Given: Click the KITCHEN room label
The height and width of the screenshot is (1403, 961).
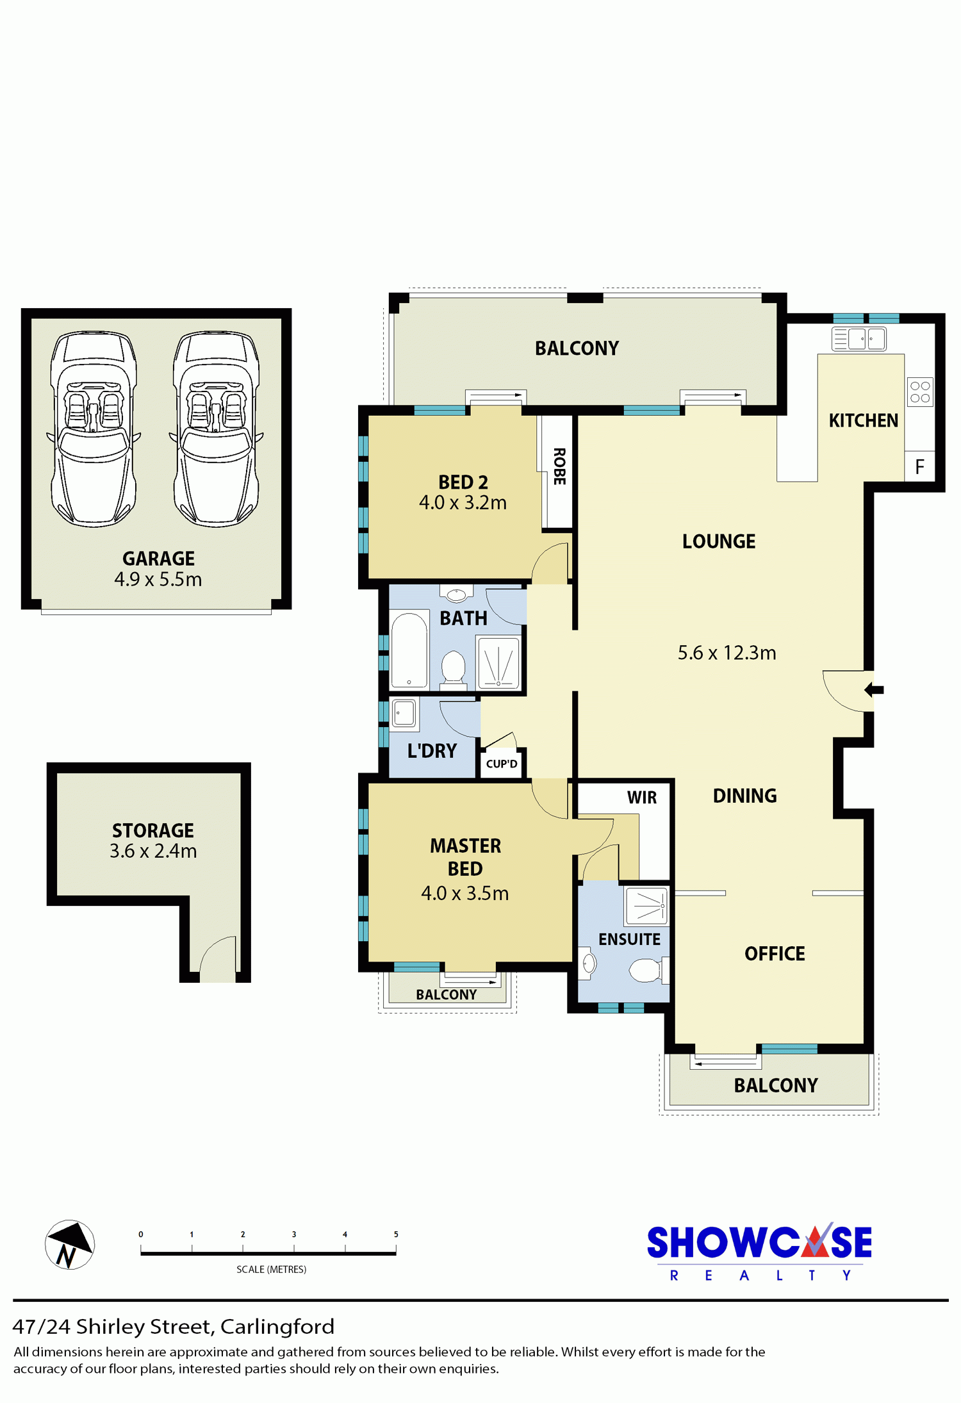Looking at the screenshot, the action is tap(863, 421).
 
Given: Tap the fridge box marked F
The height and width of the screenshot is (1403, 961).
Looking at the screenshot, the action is tap(920, 466).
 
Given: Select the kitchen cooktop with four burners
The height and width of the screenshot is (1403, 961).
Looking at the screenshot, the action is tap(920, 392).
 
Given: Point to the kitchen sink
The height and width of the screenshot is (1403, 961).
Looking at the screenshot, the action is tap(858, 338).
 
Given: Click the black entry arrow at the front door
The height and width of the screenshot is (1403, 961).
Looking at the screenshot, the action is tap(874, 690).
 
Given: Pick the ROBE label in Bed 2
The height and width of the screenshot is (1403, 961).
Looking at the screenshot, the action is tap(559, 466).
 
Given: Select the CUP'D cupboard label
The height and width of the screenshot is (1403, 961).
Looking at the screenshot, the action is tap(502, 764).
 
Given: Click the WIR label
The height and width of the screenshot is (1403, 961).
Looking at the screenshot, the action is tap(641, 798).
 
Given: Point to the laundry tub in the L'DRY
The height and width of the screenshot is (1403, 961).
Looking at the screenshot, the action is tap(404, 712).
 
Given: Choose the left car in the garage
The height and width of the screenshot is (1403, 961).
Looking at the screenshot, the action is tap(94, 429).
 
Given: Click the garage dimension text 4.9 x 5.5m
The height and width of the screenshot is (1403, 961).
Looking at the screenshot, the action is tap(158, 579).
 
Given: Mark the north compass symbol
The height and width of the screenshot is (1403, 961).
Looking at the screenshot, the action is tap(70, 1245).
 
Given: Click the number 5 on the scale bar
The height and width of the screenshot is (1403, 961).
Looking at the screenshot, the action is tap(396, 1234).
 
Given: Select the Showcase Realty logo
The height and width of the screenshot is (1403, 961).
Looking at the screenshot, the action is tap(759, 1252).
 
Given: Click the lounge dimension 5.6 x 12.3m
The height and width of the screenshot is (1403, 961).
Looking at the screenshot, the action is tap(727, 653).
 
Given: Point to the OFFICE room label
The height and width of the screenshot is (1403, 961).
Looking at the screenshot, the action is tap(775, 954).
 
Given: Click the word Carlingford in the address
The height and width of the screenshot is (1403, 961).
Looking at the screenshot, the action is tap(277, 1326).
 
